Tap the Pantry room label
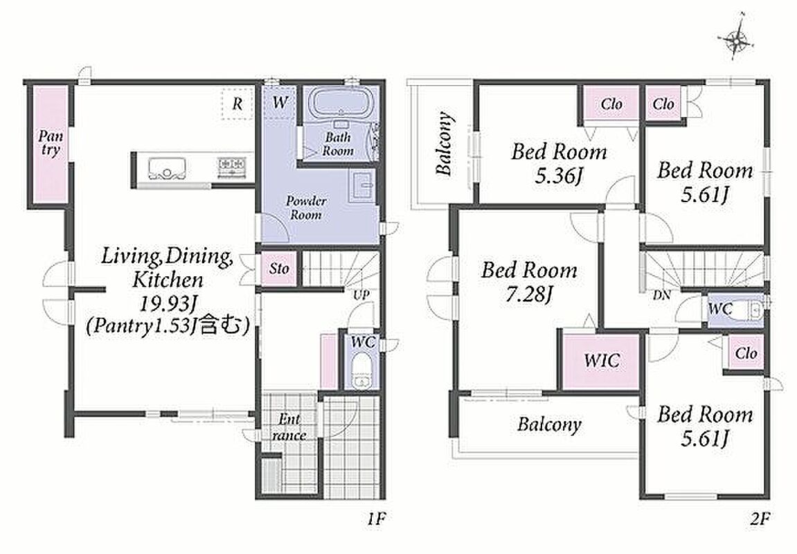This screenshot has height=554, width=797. (51, 143)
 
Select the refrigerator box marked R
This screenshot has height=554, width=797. (238, 104)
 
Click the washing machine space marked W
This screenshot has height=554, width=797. (279, 102)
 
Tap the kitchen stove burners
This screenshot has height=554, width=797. (232, 165)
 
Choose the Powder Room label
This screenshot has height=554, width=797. (306, 207)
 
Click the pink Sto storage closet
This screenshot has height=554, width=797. (278, 269)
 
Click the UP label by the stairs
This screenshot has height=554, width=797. (361, 295)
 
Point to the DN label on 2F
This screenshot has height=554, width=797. (661, 295)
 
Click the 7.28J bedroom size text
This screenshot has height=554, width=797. (528, 295)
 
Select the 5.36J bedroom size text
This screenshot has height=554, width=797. (559, 177)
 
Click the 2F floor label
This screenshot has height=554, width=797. (760, 519)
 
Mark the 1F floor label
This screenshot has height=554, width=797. (377, 519)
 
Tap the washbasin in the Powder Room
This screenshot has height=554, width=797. (362, 186)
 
